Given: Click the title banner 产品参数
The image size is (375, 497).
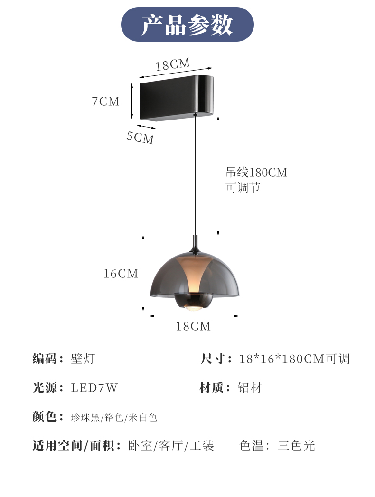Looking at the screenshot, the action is [x=187, y=24].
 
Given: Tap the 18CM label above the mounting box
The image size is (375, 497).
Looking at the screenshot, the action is [x=173, y=64].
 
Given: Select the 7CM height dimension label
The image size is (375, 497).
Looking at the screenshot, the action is [x=106, y=101].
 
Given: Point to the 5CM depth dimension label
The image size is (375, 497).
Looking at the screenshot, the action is [x=140, y=137].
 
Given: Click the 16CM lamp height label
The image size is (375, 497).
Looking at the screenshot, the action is [x=121, y=274].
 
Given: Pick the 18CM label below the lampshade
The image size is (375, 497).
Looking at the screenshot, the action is [x=193, y=326].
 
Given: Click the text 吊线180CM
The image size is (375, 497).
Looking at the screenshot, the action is [x=256, y=173].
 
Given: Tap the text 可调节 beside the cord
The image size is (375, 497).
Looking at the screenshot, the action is [x=243, y=187].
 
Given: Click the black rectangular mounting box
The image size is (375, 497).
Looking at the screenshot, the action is [x=177, y=98].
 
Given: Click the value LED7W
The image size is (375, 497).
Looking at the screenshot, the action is [x=94, y=387].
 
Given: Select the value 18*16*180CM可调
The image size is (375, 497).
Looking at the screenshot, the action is [x=294, y=359].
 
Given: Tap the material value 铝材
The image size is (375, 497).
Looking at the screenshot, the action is [x=250, y=387].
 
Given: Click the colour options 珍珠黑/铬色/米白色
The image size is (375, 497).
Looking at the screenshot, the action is [x=114, y=417].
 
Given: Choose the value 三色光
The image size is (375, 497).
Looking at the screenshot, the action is [x=296, y=445].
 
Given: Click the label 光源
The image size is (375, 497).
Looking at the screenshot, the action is [x=45, y=387].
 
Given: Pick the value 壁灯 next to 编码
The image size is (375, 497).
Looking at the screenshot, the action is [x=83, y=359].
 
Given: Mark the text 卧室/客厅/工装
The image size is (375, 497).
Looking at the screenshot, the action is [x=171, y=445].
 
